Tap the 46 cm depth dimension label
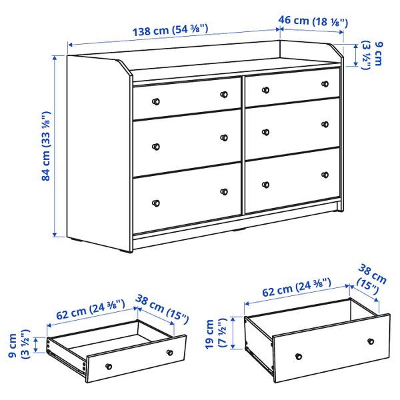pos(313,21)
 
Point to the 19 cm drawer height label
pos(215,331)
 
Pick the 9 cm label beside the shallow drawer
pos(17,344)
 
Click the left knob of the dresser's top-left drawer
pos(156,101)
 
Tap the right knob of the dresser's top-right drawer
pos(325,84)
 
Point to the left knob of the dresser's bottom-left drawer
pos(156,202)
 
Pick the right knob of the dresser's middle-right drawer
pos(325,124)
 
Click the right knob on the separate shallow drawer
pos(169,352)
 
